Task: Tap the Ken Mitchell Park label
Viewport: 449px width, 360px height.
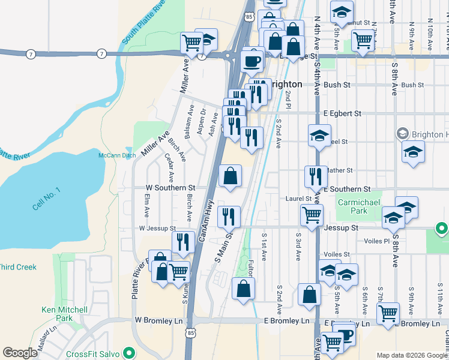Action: pos(64,314)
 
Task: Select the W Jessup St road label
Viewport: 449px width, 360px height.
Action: pos(157,229)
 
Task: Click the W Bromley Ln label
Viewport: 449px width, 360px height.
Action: pos(158,320)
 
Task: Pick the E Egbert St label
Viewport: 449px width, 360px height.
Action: pos(342,113)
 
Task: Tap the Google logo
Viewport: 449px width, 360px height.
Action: pos(20,353)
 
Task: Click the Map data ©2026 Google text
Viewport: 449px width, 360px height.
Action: pos(412,355)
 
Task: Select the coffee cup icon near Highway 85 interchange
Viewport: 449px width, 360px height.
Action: pos(251,61)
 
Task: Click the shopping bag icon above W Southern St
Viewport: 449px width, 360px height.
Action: pos(230,176)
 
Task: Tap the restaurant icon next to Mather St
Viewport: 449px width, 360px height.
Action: pos(316,176)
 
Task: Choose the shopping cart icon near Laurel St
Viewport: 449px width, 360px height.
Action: pos(312,215)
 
